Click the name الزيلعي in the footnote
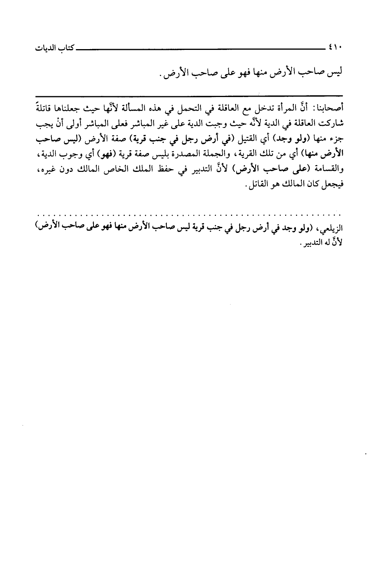pos(329,229)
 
